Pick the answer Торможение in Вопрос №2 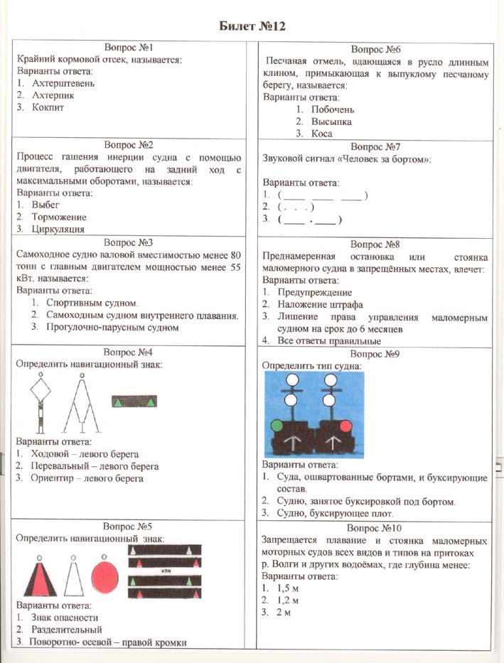[59, 217]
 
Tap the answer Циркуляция [58, 229]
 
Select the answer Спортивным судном [85, 303]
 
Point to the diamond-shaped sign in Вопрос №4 [41, 390]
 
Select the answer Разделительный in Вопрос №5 [66, 630]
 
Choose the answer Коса [322, 134]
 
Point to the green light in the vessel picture [276, 426]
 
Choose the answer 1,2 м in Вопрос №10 [288, 600]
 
